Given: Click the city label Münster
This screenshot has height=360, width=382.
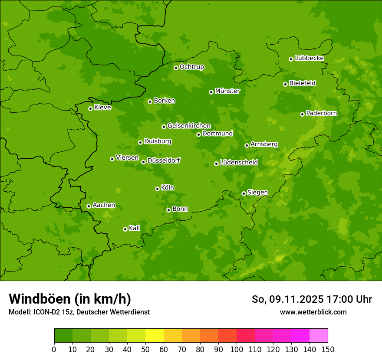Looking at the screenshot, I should pyautogui.click(x=227, y=91).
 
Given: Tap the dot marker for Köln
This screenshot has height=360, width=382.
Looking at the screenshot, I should pyautogui.click(x=157, y=189).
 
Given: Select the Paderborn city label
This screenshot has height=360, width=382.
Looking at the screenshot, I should pyautogui.click(x=322, y=113).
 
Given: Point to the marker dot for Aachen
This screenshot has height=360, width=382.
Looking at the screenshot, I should pyautogui.click(x=89, y=206).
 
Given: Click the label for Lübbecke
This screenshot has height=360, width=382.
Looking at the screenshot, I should pyautogui.click(x=310, y=58).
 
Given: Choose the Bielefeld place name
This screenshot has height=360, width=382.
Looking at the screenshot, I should pyautogui.click(x=303, y=83).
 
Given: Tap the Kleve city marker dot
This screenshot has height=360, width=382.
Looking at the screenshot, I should pyautogui.click(x=90, y=108).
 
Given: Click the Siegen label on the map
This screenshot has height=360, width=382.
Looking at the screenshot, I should pyautogui.click(x=257, y=193).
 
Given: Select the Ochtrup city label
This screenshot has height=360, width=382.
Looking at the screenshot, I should pyautogui.click(x=192, y=67).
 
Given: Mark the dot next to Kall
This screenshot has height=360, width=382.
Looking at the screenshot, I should pyautogui.click(x=125, y=229).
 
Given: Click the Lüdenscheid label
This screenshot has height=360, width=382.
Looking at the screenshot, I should pyautogui.click(x=239, y=163).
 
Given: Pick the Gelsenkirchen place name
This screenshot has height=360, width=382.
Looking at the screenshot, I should pyautogui.click(x=189, y=126).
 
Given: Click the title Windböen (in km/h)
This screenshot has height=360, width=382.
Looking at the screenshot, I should pyautogui.click(x=70, y=299).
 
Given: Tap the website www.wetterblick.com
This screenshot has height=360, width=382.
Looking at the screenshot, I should pyautogui.click(x=313, y=312).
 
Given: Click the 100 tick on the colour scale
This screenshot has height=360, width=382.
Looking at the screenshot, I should pyautogui.click(x=237, y=349).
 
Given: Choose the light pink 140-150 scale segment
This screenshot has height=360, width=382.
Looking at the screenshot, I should pyautogui.click(x=319, y=336).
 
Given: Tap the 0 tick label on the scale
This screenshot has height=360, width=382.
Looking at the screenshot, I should pyautogui.click(x=54, y=349).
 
